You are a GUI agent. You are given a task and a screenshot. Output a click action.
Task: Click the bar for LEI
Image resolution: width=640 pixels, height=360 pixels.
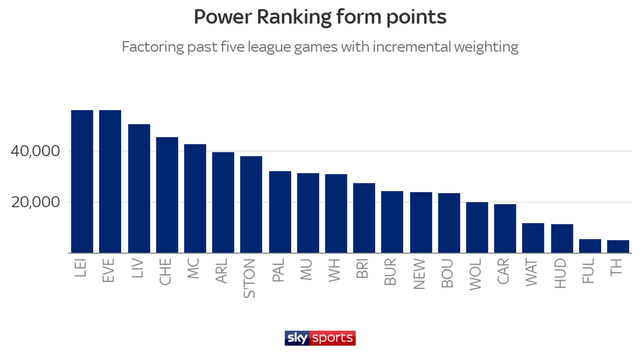[x=82, y=181]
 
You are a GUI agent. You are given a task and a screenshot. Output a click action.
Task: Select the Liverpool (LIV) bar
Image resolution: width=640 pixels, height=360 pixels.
[x=139, y=188]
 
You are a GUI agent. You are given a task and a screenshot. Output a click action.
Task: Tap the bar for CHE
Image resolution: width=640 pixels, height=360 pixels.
[x=167, y=195]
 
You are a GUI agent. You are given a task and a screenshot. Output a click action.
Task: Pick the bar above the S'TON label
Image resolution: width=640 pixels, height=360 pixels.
[x=251, y=204]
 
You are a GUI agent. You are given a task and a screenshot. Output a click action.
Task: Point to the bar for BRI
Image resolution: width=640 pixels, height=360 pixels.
[x=364, y=218]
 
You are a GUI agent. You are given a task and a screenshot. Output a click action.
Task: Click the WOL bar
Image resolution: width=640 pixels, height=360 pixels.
[x=477, y=227]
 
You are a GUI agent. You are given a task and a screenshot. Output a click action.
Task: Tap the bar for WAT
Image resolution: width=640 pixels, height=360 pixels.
[x=533, y=238]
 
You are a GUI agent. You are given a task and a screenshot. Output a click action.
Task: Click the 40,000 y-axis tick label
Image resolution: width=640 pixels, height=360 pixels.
[x=35, y=151]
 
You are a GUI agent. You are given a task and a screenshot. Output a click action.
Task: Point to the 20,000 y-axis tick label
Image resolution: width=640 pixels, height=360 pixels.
[x=35, y=202]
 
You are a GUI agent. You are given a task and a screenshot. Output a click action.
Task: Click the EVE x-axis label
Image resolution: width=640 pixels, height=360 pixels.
[x=108, y=270]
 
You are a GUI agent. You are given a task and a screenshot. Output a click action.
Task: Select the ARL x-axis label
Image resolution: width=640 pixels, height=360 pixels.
[x=222, y=271]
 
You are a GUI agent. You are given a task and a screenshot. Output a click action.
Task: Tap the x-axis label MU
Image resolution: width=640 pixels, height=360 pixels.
[x=306, y=269]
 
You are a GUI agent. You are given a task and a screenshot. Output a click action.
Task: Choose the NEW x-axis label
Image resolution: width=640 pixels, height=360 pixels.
[x=419, y=274]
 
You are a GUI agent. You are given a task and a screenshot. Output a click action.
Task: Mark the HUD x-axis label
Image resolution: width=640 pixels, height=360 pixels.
[x=560, y=273]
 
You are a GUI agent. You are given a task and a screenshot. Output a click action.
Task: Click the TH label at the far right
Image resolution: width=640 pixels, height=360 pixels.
[x=616, y=267]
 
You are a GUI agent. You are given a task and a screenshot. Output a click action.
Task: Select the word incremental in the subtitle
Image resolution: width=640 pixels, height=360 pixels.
[x=411, y=47]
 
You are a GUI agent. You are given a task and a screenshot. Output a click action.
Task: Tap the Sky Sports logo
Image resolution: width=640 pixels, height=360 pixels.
[x=320, y=338]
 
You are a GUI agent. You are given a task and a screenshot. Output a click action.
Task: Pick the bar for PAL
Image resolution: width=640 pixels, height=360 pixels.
[x=280, y=212]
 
